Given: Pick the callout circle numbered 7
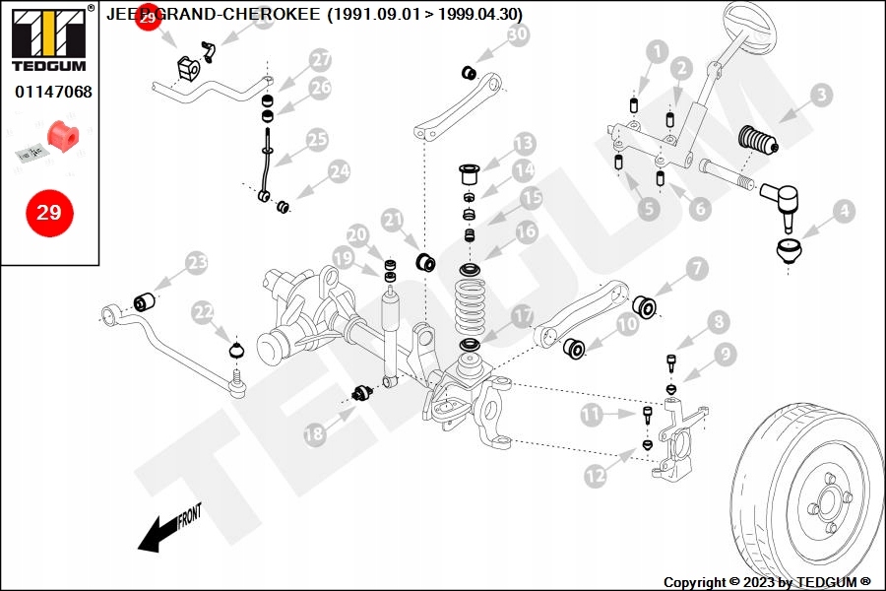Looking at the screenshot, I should [696, 267].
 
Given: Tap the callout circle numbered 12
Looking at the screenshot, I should [595, 476].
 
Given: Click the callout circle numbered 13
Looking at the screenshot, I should [523, 144].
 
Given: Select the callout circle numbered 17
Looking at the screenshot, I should [522, 315].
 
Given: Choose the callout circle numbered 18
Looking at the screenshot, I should [314, 432].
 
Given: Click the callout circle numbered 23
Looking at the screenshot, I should [197, 262].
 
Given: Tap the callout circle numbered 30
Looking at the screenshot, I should [518, 35].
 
